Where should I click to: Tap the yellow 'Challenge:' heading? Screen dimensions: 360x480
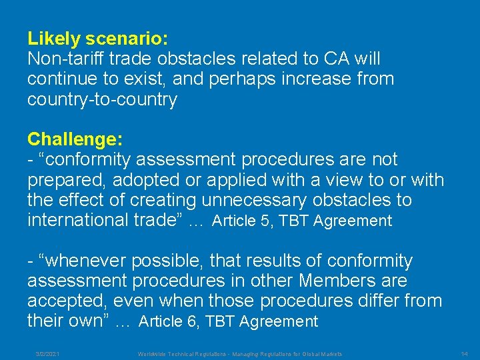point(75,139)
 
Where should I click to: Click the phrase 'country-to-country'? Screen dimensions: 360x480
point(102,100)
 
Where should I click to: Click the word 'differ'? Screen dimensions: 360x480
point(373,301)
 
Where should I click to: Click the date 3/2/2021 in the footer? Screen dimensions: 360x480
point(47,353)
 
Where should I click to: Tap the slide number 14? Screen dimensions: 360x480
point(465,353)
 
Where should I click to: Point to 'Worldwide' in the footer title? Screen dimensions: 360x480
point(153,353)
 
